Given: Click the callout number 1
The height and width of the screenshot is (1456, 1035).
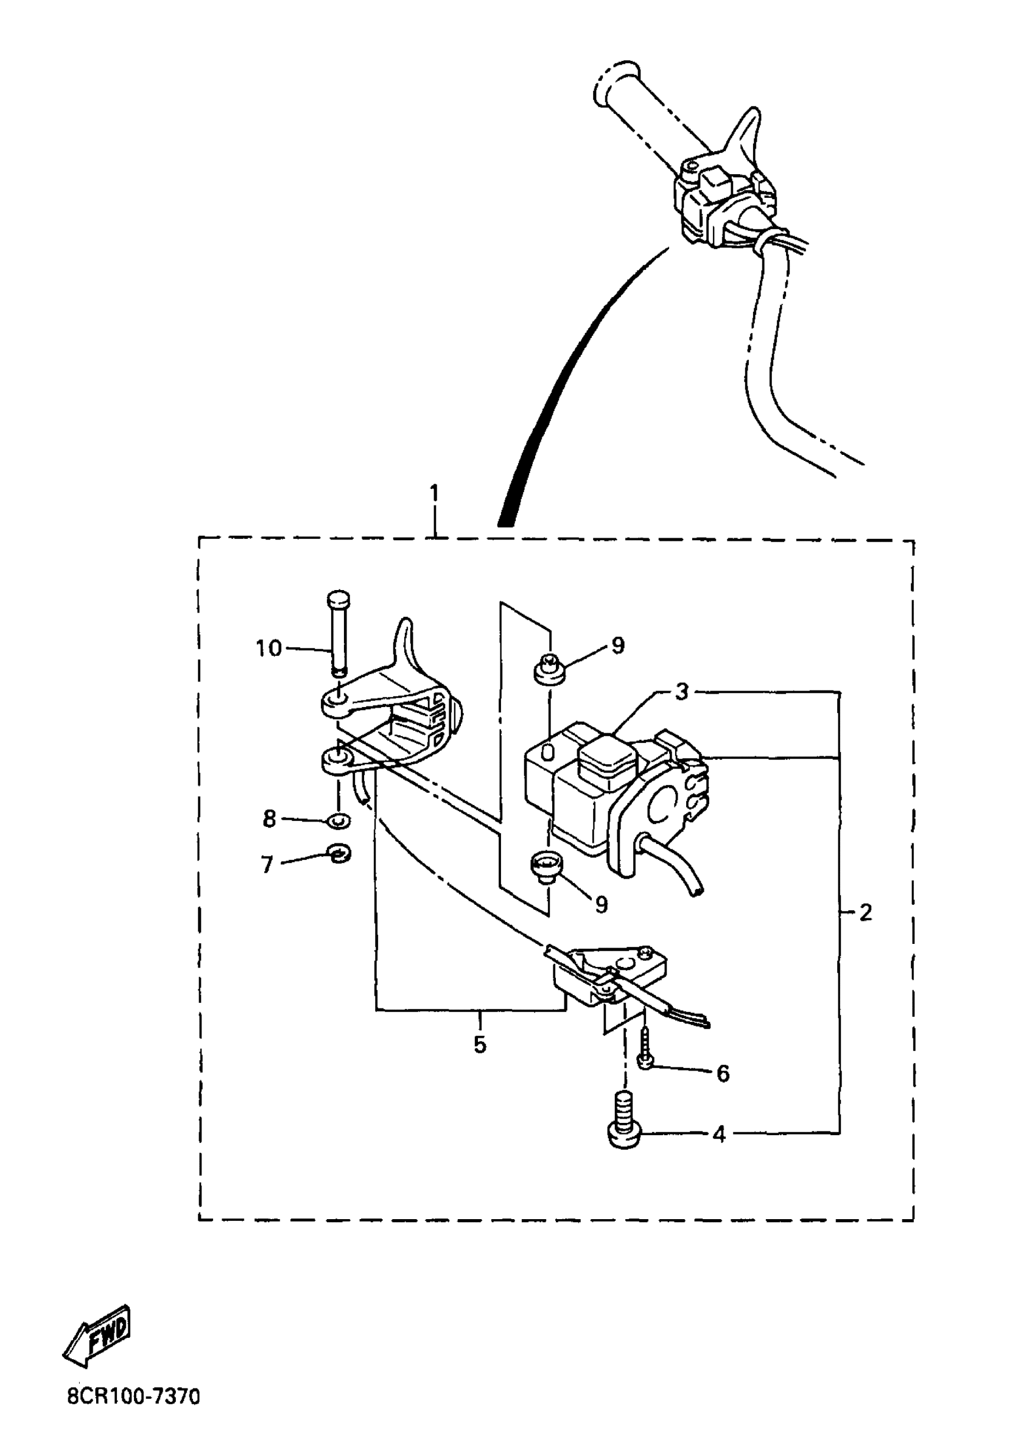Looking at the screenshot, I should pyautogui.click(x=435, y=494).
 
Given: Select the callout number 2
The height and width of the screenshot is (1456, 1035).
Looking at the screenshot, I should pyautogui.click(x=865, y=913).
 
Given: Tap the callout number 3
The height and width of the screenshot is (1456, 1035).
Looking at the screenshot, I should pyautogui.click(x=682, y=692).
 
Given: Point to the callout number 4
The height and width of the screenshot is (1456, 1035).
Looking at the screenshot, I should pyautogui.click(x=719, y=1134).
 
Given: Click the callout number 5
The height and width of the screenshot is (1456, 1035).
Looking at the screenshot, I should pyautogui.click(x=480, y=1044).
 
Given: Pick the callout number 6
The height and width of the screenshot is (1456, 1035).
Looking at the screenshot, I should pyautogui.click(x=723, y=1073).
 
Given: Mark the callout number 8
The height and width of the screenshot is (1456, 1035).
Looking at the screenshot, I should pyautogui.click(x=269, y=818).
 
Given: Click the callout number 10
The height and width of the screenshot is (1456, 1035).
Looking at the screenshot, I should pyautogui.click(x=268, y=649).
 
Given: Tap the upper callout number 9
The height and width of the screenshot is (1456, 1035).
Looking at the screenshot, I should pyautogui.click(x=617, y=645).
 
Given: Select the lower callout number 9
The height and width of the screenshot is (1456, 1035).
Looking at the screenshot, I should pyautogui.click(x=601, y=904).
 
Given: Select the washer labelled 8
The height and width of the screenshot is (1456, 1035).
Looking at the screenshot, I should pyautogui.click(x=338, y=821).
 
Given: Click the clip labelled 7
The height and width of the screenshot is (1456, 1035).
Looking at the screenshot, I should pyautogui.click(x=339, y=853).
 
